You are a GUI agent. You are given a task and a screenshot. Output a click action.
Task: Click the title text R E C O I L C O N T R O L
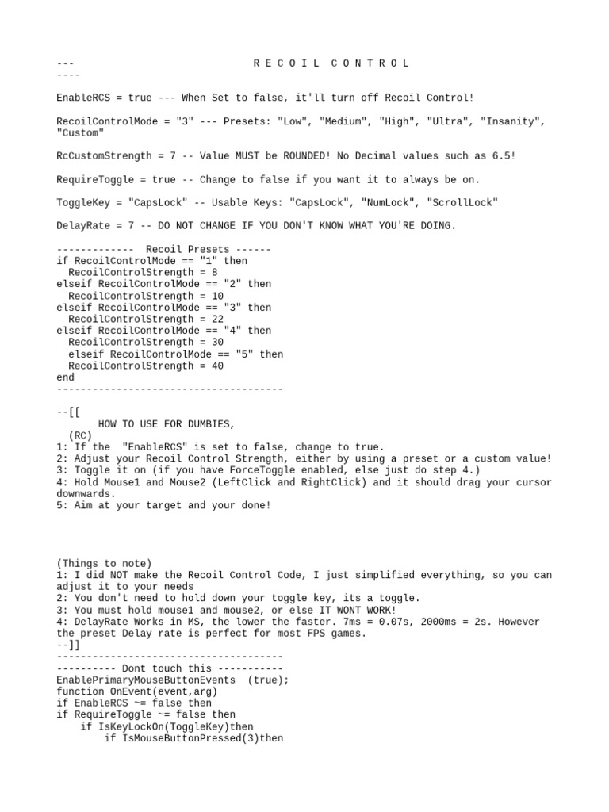332,63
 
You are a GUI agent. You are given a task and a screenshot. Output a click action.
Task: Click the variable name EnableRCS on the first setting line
82,98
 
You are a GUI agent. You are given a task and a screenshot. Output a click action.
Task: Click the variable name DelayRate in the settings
82,226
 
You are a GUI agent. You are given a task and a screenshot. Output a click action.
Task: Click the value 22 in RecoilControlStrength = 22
217,320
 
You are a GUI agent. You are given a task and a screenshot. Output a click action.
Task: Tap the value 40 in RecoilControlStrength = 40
217,366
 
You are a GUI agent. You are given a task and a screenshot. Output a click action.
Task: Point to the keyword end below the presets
66,378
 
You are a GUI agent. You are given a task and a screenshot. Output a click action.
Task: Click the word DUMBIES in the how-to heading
205,424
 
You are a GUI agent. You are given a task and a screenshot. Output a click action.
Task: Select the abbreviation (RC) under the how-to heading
80,436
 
